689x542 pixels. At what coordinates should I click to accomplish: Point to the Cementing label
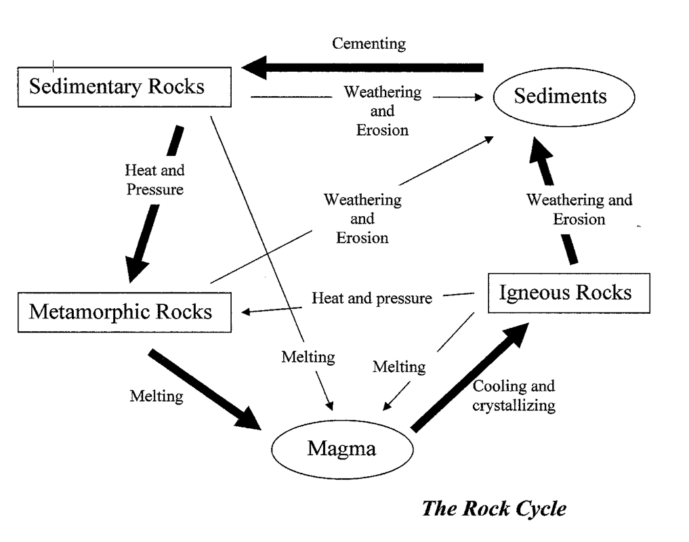[369, 43]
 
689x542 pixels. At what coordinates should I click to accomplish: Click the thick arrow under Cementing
[362, 68]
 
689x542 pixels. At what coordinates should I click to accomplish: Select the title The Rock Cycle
[494, 509]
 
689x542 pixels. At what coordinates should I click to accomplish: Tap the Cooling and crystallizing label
[514, 395]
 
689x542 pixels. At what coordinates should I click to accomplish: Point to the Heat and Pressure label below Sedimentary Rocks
[154, 180]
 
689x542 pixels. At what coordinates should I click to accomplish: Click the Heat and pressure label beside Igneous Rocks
[372, 298]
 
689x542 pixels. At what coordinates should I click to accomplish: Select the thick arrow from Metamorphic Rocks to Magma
[205, 389]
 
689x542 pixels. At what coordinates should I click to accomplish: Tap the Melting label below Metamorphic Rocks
[156, 396]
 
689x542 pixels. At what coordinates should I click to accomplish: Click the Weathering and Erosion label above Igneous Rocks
[579, 209]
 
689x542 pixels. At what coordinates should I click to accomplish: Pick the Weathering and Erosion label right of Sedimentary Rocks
[382, 111]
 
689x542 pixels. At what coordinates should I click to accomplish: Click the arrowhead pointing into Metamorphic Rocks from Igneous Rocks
[246, 312]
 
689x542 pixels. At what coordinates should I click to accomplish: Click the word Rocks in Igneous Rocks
[604, 292]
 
